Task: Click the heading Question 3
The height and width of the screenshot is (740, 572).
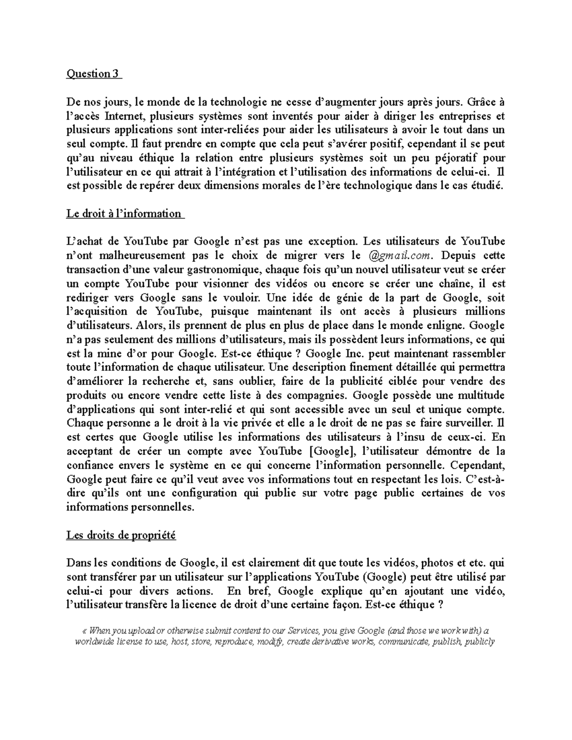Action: click(x=94, y=74)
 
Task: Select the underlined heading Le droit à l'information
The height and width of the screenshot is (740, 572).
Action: click(x=124, y=213)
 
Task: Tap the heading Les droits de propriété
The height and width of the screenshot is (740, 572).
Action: click(x=121, y=535)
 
